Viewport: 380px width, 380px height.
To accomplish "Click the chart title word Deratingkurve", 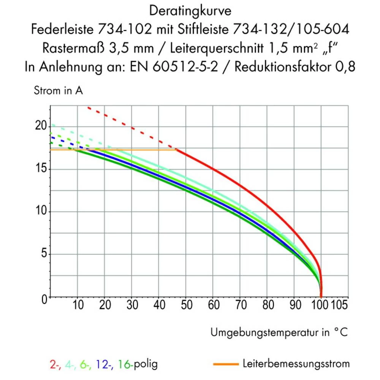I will [190, 11].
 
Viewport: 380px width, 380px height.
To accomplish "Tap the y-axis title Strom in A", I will [58, 91].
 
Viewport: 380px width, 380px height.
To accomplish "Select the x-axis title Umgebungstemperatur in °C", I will [279, 333].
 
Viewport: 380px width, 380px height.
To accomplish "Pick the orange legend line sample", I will [226, 364].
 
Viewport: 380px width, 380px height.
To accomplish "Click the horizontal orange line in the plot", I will [114, 150].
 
